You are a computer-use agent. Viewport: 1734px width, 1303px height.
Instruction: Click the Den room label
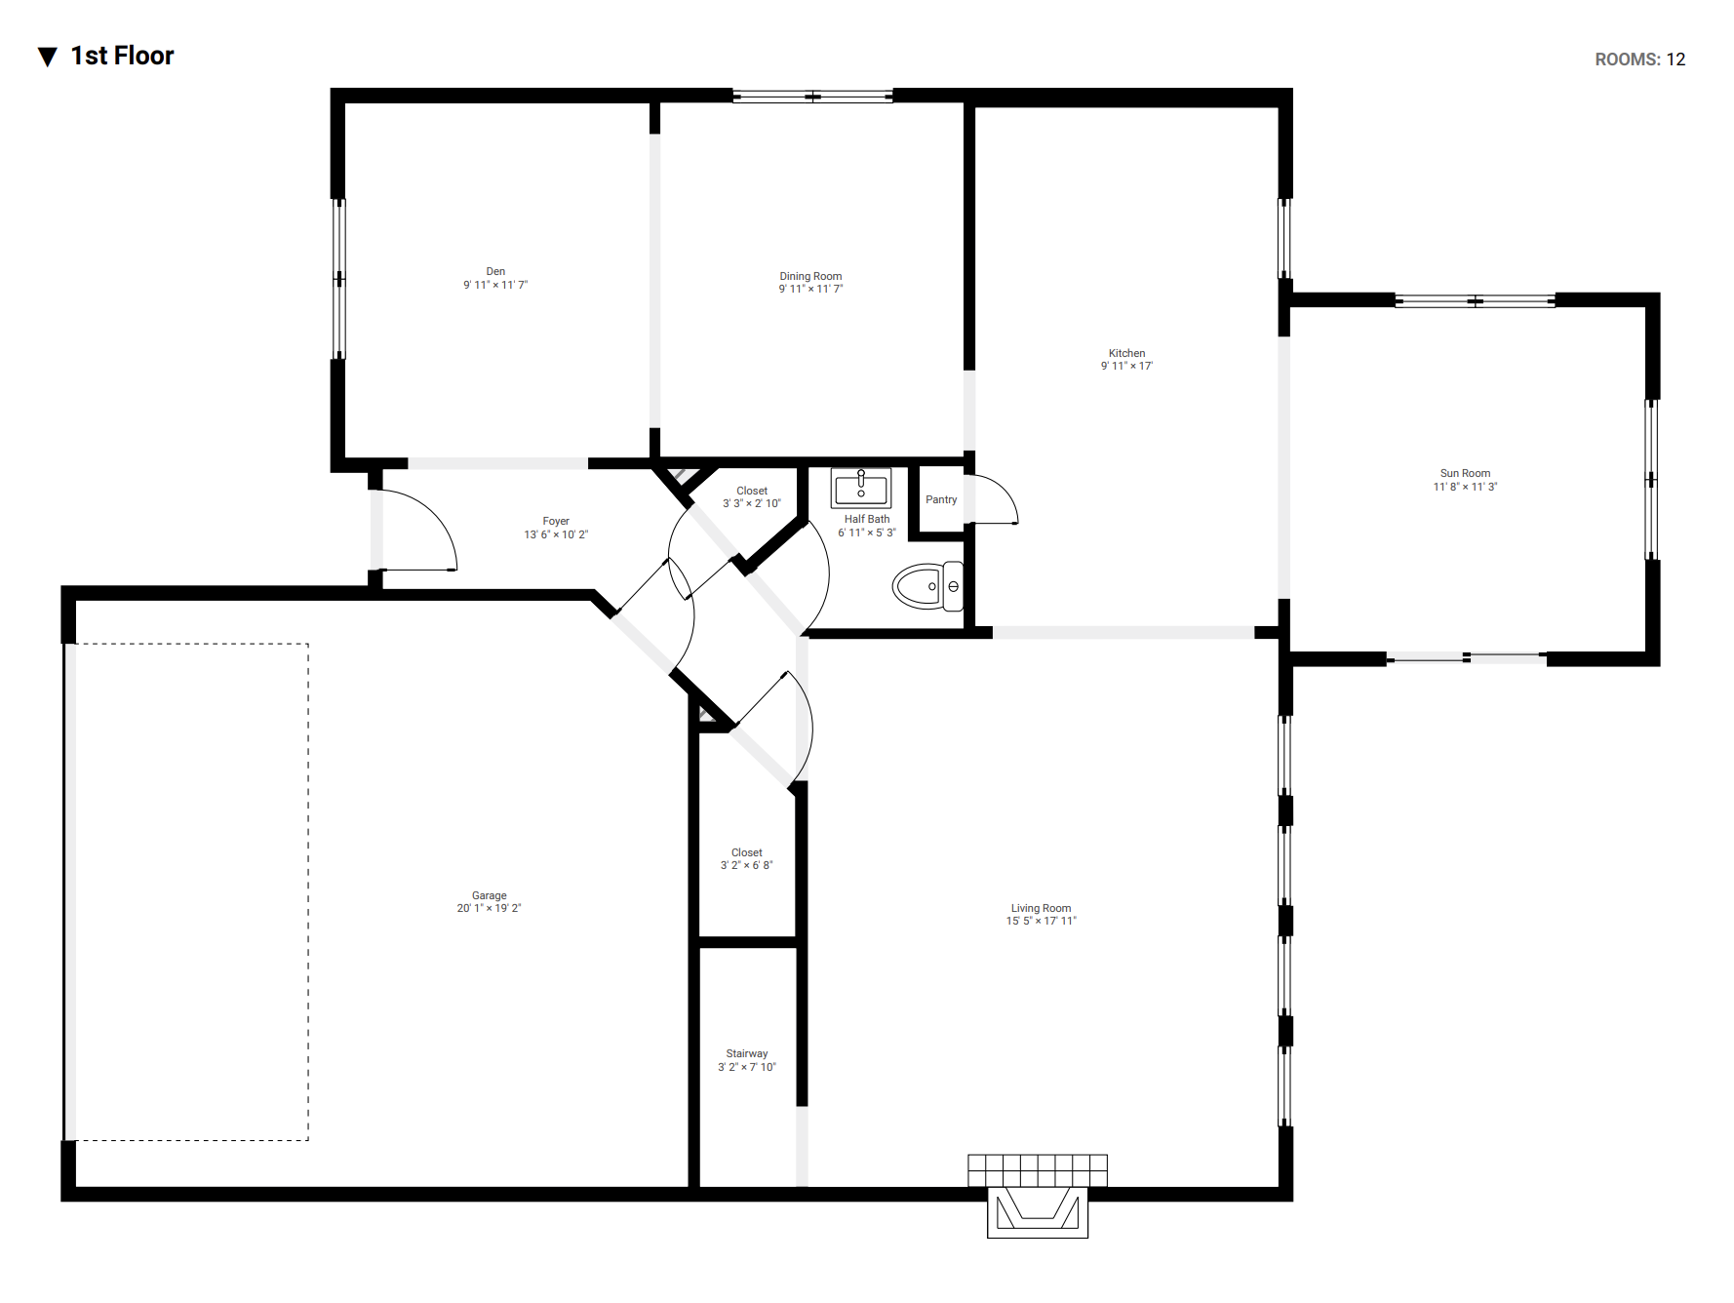coord(495,271)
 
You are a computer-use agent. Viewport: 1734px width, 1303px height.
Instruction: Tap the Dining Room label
coord(810,276)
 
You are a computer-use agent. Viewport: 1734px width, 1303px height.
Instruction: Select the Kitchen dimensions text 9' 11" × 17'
coord(1126,366)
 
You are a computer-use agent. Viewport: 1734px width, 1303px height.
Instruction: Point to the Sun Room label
coord(1465,473)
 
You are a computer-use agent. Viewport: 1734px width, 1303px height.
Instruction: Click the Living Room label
coord(1041,908)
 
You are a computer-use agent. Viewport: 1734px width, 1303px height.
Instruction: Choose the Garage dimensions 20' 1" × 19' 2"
coord(489,908)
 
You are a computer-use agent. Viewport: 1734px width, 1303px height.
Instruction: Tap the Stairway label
coord(747,1053)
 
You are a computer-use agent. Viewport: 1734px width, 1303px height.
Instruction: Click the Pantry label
coord(941,499)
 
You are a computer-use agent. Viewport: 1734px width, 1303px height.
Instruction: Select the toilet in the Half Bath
coord(927,586)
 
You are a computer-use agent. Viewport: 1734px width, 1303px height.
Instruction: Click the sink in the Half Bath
coord(861,488)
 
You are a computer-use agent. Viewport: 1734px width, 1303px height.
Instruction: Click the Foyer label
coord(556,521)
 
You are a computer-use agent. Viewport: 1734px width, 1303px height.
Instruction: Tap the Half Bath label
coord(867,519)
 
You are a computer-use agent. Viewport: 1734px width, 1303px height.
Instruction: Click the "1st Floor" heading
coord(122,56)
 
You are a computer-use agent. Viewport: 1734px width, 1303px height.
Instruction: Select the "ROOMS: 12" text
coord(1640,59)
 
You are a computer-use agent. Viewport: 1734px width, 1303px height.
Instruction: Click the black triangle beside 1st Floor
coord(47,57)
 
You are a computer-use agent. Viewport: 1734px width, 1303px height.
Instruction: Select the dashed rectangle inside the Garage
coord(308,891)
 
